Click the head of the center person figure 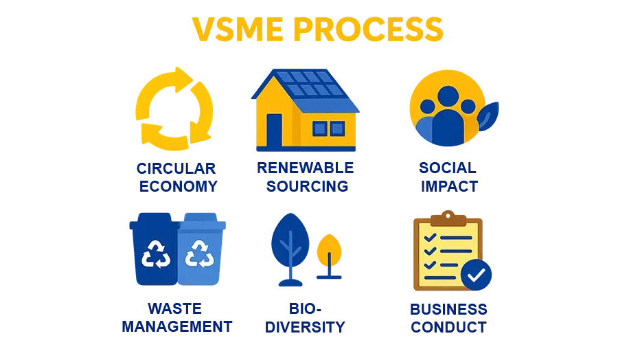tap(448, 95)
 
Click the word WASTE tap(176, 309)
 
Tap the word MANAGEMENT tap(176, 326)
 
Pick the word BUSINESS tap(449, 309)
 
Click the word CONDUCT tap(449, 326)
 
